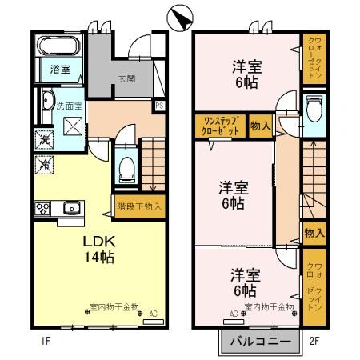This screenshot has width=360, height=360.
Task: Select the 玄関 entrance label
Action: point(127,78)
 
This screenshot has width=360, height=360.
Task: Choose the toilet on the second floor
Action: point(313,106)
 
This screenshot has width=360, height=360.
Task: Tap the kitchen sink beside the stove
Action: point(70,208)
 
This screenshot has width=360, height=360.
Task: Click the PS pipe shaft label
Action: point(160,105)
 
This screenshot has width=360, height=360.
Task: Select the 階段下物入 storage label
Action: point(140,206)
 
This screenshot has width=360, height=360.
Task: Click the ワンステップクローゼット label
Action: point(218,126)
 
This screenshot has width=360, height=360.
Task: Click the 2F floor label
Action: point(315,340)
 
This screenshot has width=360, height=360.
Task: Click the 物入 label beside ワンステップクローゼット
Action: point(259,126)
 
